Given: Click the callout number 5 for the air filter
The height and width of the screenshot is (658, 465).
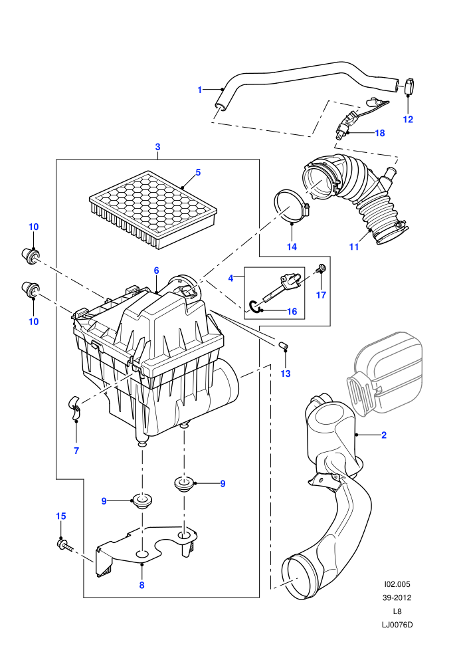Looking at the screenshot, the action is click(198, 172).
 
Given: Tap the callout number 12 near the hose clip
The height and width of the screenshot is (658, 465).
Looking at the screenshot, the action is click(408, 119).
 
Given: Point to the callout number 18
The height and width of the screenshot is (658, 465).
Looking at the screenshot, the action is click(379, 133).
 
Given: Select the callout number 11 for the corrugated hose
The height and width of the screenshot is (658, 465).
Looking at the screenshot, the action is click(354, 247).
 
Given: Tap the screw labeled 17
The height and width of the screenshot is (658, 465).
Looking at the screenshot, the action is click(322, 267).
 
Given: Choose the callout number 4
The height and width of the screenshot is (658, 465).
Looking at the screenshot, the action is click(231, 278).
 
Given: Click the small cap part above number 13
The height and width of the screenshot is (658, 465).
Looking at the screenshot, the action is click(283, 346).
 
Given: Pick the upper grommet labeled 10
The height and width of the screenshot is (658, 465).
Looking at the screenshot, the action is click(30, 255).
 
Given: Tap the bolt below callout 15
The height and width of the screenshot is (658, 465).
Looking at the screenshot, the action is click(64, 545).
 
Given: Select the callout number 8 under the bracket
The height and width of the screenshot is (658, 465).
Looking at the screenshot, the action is click(141, 585).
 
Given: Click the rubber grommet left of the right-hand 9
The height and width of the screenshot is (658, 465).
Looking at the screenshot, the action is click(183, 483).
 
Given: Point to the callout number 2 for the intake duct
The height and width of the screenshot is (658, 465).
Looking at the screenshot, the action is click(384, 435).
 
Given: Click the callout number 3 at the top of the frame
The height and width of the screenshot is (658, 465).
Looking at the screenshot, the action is click(157, 147).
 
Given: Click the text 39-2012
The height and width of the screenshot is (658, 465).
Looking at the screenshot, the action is click(397, 598).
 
